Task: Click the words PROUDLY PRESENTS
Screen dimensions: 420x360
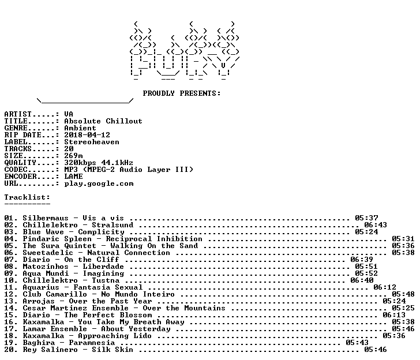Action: [181, 93]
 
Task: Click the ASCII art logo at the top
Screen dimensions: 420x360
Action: [184, 51]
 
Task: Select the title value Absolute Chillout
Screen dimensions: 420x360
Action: [103, 121]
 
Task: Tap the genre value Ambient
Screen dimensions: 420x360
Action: [80, 128]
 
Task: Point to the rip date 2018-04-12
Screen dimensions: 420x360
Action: [87, 135]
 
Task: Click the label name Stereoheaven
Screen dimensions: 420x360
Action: [92, 142]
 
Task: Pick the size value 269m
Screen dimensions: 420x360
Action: [73, 156]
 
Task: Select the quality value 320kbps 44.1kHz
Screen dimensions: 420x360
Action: [99, 163]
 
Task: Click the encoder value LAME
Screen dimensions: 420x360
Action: [73, 177]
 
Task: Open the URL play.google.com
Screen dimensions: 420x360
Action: [99, 183]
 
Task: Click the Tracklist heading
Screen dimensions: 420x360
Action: [27, 197]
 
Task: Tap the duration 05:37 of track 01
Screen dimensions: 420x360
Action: [366, 218]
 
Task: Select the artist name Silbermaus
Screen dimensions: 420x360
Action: [46, 218]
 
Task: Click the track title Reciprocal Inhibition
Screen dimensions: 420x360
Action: [154, 239]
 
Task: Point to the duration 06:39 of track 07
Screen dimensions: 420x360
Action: [362, 260]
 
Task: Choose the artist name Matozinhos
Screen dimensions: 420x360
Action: [46, 267]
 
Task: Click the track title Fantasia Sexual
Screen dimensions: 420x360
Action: [108, 287]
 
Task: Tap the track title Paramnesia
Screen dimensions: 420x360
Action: [92, 343]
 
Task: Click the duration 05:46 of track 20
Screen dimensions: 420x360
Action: [376, 350]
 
